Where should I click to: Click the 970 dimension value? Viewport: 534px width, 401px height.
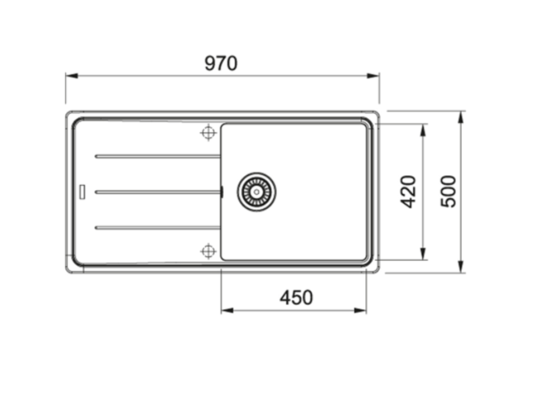(221, 64)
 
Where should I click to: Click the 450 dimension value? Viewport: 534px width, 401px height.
(296, 298)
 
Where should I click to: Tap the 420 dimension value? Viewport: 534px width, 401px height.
(409, 192)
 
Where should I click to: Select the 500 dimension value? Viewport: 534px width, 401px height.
(448, 192)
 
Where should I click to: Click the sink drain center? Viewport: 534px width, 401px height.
(256, 192)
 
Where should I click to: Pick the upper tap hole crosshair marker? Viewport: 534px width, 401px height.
(208, 133)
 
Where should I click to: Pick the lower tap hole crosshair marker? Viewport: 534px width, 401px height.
(208, 251)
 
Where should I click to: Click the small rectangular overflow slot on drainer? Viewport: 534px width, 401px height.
(82, 191)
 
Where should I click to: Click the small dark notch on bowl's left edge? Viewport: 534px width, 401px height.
(222, 192)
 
